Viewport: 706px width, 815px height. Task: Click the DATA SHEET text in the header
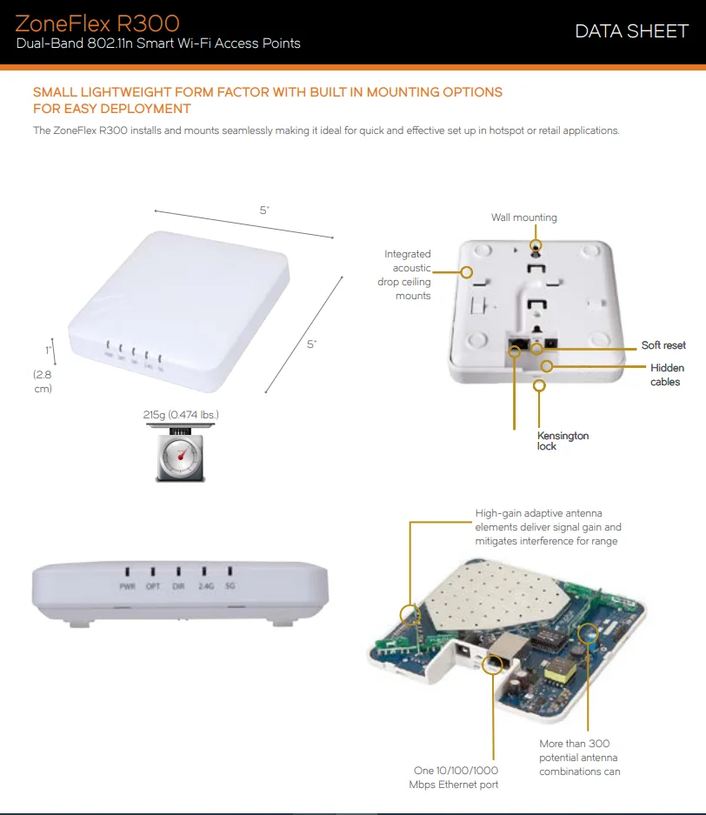pos(631,31)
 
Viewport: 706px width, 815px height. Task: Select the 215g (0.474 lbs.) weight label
pos(181,415)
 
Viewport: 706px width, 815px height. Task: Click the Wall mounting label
pos(523,217)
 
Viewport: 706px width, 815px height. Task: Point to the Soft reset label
pos(663,345)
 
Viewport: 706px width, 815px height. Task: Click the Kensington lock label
pos(563,440)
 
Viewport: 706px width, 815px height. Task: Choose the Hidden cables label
pos(666,375)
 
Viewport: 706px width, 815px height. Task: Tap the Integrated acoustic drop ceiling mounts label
pos(405,275)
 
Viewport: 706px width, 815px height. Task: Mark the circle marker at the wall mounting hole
pos(536,246)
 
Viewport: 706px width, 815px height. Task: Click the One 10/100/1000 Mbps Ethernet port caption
pos(454,778)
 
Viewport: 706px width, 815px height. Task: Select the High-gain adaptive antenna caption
pos(548,527)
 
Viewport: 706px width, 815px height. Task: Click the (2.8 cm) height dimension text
pos(43,381)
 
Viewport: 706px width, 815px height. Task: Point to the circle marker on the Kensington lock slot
pos(540,384)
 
